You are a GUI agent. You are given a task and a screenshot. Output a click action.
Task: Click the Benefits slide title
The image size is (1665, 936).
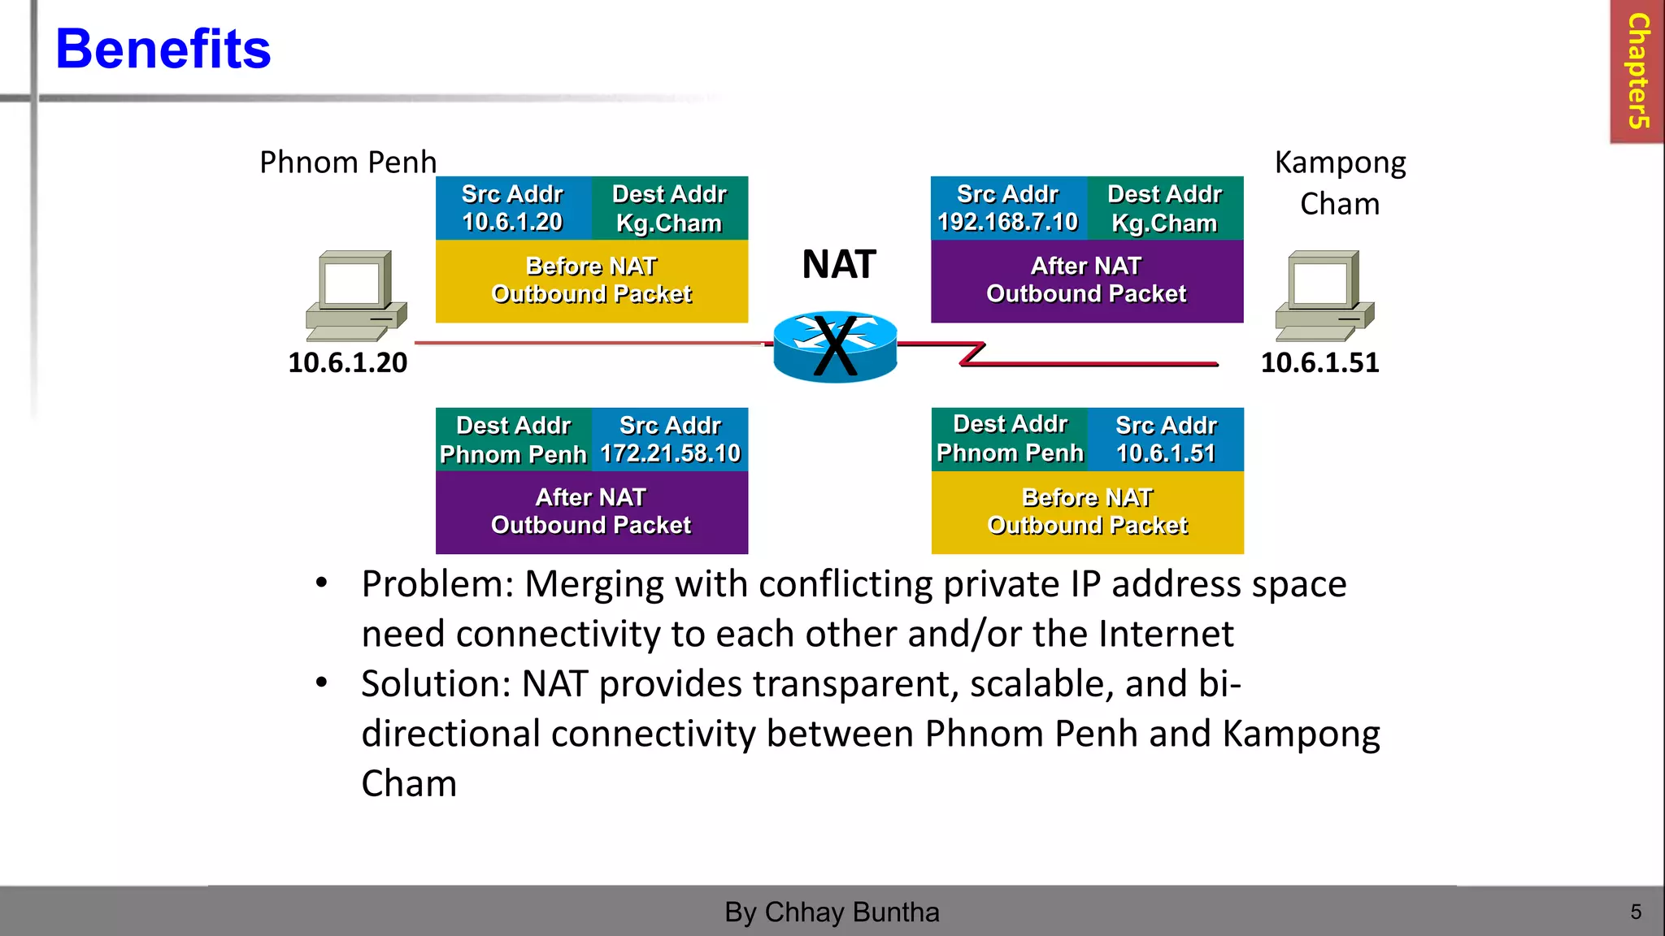[163, 49]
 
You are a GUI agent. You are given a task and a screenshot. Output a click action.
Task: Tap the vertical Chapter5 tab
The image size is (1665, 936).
[1637, 71]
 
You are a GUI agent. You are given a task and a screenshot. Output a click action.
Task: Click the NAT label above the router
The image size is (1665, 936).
[838, 264]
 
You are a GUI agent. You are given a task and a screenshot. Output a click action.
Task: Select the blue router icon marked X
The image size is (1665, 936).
[835, 347]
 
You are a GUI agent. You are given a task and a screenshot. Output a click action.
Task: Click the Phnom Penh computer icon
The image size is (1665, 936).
[355, 296]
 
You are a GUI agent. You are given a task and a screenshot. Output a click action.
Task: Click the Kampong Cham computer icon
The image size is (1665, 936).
[1324, 296]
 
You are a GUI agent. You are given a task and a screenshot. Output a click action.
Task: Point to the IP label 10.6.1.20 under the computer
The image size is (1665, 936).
[347, 362]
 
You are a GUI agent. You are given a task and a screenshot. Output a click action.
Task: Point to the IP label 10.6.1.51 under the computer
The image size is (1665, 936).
[1319, 362]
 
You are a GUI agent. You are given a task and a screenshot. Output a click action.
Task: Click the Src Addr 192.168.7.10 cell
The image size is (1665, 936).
[1007, 208]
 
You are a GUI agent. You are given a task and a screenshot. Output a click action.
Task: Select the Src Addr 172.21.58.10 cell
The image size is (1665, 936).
[670, 440]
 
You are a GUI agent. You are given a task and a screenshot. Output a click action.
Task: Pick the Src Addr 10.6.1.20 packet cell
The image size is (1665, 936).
[512, 208]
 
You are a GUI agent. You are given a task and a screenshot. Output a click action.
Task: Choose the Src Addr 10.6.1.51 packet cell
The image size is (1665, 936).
[1166, 440]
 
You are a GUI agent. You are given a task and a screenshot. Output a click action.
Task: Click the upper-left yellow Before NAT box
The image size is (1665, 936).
[591, 280]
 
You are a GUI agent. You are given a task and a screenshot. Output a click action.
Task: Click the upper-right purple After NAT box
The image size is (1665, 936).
[1086, 280]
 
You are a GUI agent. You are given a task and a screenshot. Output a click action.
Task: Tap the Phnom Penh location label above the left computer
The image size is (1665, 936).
[348, 162]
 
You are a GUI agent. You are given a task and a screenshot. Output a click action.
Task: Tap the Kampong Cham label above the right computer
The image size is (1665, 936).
[1340, 183]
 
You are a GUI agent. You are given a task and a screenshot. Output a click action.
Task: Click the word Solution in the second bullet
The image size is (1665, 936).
[435, 684]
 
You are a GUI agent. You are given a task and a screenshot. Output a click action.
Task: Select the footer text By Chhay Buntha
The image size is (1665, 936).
[832, 912]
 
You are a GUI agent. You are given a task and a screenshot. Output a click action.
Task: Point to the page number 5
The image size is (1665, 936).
[1636, 912]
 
